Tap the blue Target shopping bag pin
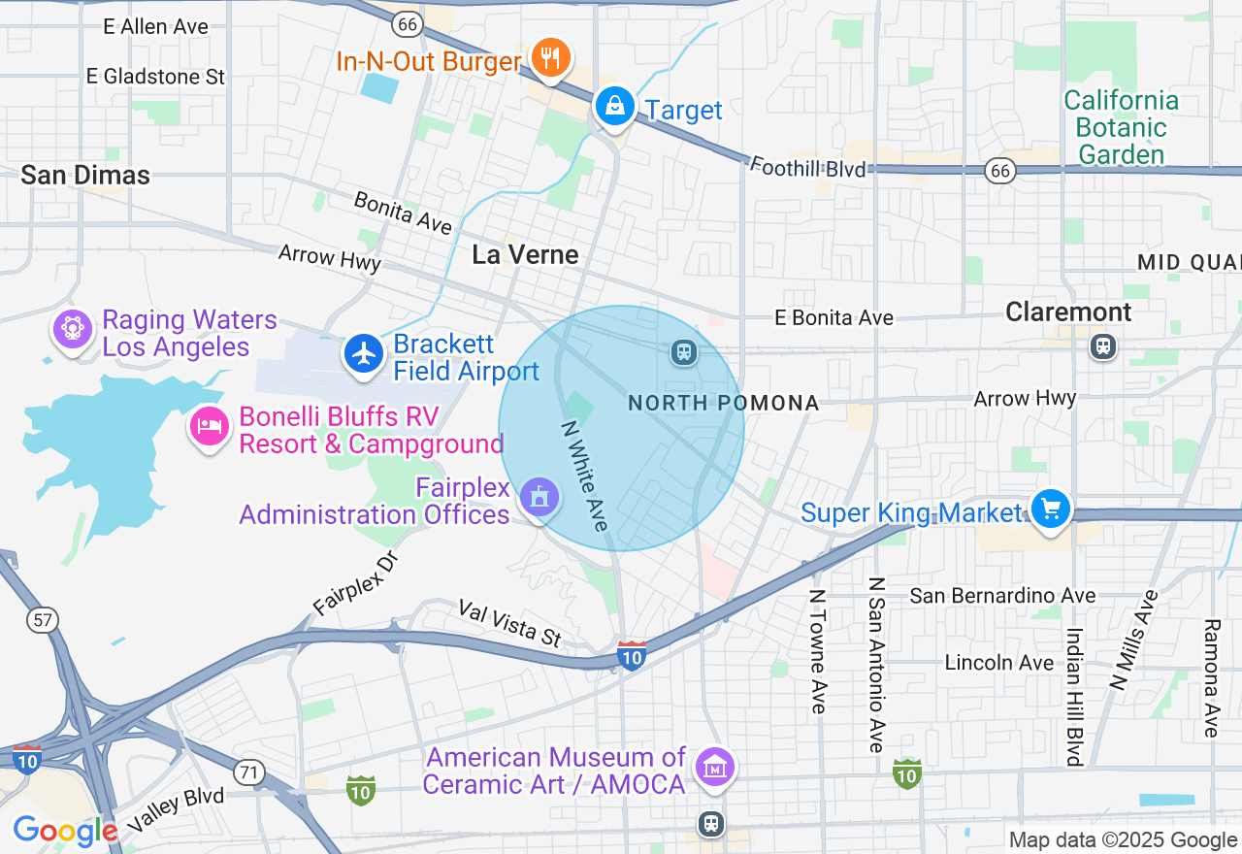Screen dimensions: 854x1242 [614, 106]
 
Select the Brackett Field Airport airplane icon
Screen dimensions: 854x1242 [364, 354]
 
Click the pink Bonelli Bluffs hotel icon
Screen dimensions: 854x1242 [209, 426]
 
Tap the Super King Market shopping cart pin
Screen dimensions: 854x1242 [1049, 509]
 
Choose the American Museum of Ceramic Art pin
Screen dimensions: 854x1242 [714, 768]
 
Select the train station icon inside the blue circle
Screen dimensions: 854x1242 [684, 351]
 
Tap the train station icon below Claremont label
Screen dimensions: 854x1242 [1102, 345]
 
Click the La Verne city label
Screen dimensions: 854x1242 [525, 254]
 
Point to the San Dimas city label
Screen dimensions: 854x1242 [85, 175]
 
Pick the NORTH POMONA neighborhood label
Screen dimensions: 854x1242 [723, 403]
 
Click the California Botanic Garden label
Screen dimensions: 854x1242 [1121, 127]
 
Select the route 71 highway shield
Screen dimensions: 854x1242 [249, 772]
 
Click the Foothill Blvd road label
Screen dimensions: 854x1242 [806, 168]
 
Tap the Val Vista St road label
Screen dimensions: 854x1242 [509, 623]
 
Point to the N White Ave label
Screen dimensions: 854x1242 [585, 476]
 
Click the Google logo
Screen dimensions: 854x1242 [64, 831]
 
